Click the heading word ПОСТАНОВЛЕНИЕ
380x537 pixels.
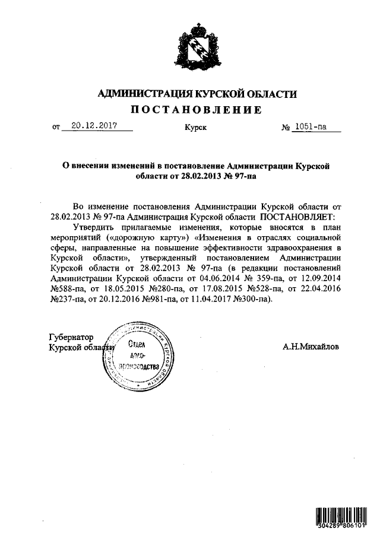195,110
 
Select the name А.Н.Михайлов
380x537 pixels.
311,347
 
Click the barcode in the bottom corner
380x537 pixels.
343,517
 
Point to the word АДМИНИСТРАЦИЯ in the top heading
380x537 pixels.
141,94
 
